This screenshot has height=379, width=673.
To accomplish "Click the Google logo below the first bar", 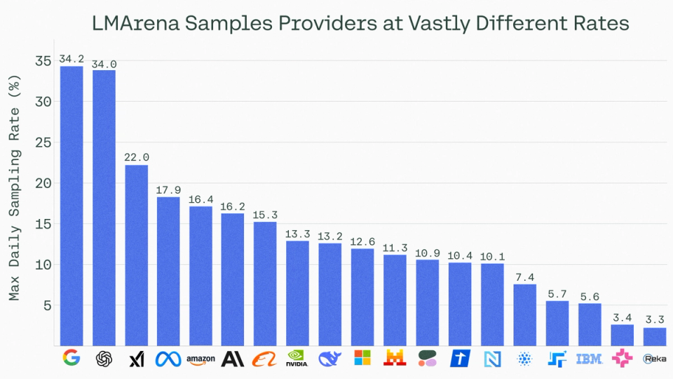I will coord(71,359).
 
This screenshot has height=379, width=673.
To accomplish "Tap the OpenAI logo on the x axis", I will coord(104,359).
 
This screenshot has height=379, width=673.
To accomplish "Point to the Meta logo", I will coord(168,359).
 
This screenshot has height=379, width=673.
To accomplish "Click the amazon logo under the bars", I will coord(200,359).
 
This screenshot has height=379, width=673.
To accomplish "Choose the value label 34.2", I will coord(71,58).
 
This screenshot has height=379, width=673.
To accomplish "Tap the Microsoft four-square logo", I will coord(362,359).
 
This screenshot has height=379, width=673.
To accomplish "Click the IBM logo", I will coord(590,359).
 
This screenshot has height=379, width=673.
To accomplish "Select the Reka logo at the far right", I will coord(655,359).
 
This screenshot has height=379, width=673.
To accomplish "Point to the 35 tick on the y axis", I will coord(43,61).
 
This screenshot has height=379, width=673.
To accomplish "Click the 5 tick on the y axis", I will coord(47,305).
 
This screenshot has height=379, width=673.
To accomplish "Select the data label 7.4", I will coord(525,277).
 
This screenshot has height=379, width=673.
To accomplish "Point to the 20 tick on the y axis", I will coord(43,183).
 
